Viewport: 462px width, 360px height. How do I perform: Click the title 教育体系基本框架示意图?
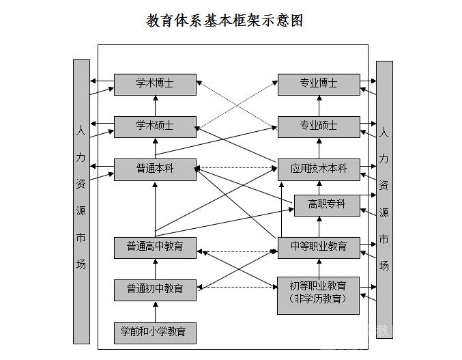click(225, 21)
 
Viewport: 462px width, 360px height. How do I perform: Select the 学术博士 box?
click(155, 84)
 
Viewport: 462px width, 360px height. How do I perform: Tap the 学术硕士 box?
click(155, 126)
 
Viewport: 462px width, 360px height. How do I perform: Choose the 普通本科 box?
click(155, 169)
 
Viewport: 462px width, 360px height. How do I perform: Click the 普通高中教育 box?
click(155, 247)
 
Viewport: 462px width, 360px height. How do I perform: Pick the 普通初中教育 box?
click(155, 288)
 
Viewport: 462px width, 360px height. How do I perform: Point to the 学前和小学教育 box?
click(155, 332)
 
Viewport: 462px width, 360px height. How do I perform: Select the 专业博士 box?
click(319, 84)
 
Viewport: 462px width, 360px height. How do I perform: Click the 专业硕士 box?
click(319, 126)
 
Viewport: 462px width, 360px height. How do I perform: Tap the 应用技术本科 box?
click(319, 169)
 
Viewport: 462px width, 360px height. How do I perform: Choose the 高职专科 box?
click(327, 204)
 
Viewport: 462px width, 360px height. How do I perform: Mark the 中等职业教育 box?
click(319, 247)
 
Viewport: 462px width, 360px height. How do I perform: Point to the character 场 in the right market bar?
click(384, 266)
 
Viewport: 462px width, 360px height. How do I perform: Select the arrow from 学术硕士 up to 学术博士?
click(156, 105)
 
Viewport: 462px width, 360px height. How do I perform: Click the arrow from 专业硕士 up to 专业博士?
click(319, 105)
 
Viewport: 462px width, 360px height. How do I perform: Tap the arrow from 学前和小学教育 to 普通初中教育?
click(156, 311)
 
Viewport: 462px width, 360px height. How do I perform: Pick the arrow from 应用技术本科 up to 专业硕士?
click(319, 148)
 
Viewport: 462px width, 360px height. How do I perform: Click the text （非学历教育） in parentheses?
click(319, 299)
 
